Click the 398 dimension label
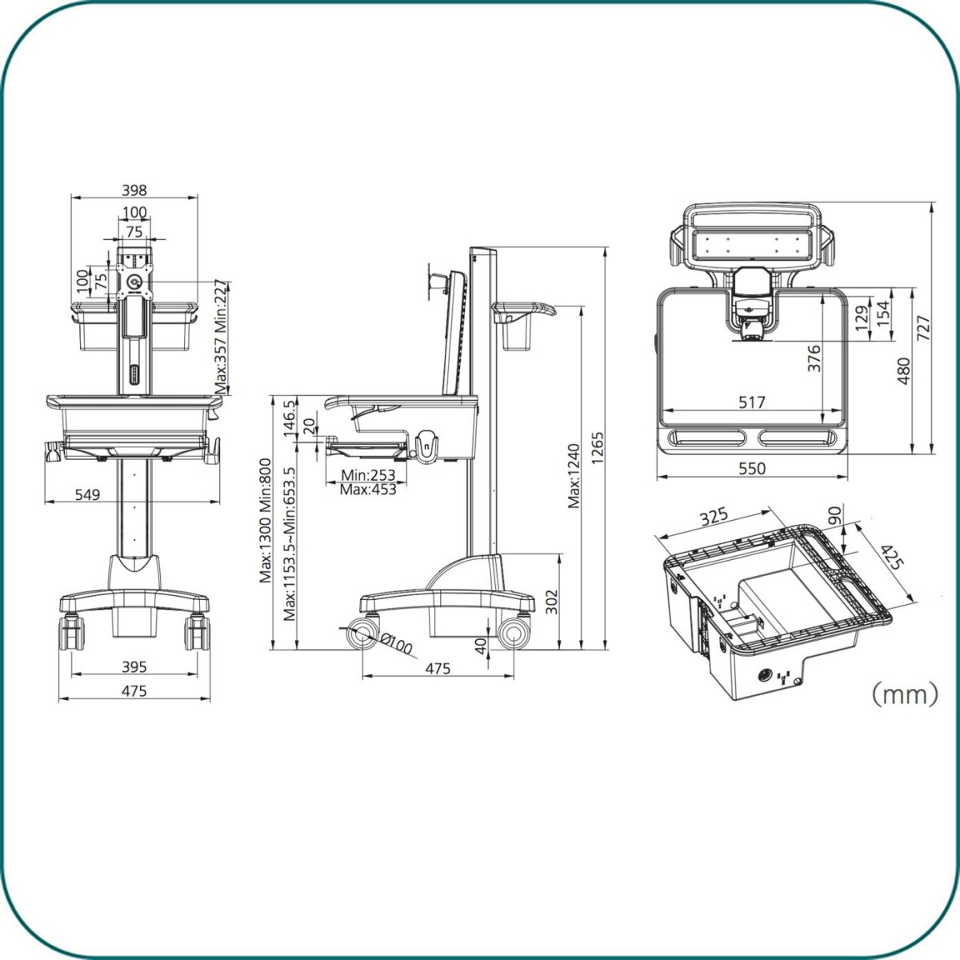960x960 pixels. (134, 190)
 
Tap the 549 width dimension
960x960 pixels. (88, 494)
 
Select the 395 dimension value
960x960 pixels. (134, 666)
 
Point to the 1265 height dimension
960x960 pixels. (597, 448)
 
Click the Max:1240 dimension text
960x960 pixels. (574, 476)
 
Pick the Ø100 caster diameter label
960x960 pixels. (397, 643)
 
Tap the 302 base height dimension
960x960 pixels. (551, 602)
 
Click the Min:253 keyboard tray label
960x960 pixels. (368, 474)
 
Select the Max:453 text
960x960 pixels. (368, 490)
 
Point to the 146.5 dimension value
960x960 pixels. (290, 418)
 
